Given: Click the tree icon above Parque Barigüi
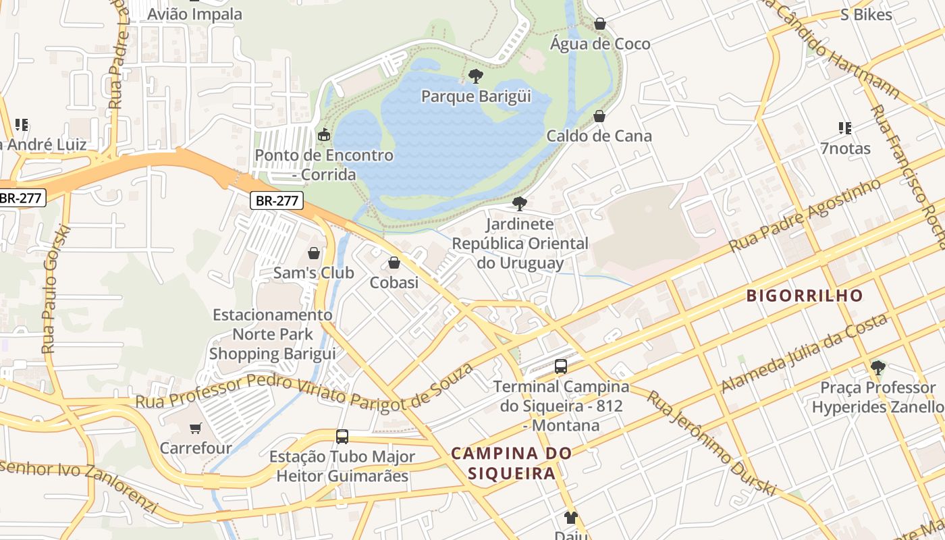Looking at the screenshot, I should [x=476, y=76].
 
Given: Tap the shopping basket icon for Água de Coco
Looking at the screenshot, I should [x=599, y=24].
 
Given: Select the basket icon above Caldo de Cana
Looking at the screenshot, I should [x=599, y=116].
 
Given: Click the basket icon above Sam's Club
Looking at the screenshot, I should [x=314, y=253].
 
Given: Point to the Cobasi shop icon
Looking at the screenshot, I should [x=394, y=263].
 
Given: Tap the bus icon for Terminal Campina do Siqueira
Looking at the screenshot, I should [x=561, y=367].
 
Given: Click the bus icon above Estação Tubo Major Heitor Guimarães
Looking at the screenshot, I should [x=342, y=436].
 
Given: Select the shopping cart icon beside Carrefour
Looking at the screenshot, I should [x=196, y=428].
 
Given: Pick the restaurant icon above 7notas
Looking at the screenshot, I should [x=844, y=128].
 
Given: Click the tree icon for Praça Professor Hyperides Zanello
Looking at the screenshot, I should [x=878, y=368].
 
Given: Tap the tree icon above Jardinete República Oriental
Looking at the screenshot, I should [x=519, y=203].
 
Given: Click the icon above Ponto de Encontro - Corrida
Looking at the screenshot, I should [x=324, y=134].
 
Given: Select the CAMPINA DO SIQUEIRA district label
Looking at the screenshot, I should [x=511, y=463].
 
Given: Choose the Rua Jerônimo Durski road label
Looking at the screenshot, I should [x=711, y=443].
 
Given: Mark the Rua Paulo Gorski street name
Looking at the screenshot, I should [x=56, y=288].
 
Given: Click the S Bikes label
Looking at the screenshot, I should [x=866, y=15].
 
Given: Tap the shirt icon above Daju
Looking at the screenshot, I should [x=571, y=518].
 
